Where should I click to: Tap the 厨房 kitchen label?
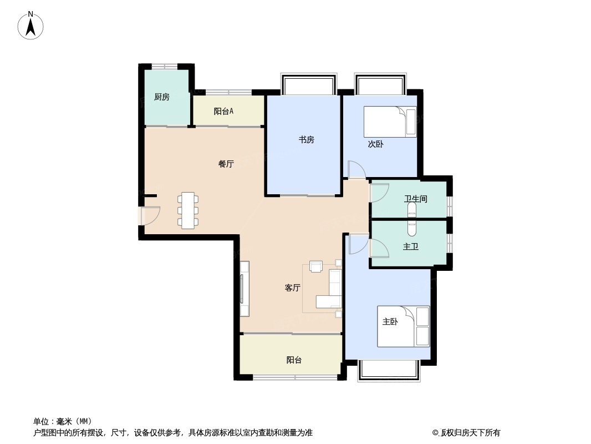pyautogui.click(x=162, y=97)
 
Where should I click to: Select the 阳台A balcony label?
pyautogui.click(x=223, y=112)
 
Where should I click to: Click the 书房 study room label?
pyautogui.click(x=307, y=139)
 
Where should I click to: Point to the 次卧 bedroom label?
pyautogui.click(x=376, y=144)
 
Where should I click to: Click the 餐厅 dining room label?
pyautogui.click(x=226, y=164)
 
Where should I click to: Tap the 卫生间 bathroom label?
pyautogui.click(x=416, y=199)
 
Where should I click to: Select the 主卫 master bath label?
pyautogui.click(x=411, y=247)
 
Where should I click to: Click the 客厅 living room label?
pyautogui.click(x=293, y=288)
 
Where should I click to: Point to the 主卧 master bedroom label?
pyautogui.click(x=390, y=322)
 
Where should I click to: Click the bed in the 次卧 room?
pyautogui.click(x=390, y=122)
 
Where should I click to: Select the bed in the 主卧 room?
pyautogui.click(x=404, y=326)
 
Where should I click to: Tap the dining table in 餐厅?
pyautogui.click(x=188, y=210)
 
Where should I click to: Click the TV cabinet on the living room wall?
pyautogui.click(x=244, y=289)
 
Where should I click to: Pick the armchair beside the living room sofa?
pyautogui.click(x=316, y=266)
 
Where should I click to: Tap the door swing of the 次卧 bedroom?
pyautogui.click(x=356, y=169)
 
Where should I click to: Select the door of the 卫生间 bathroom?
pyautogui.click(x=380, y=193)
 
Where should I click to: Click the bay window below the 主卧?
pyautogui.click(x=389, y=370)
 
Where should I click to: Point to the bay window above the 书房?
pyautogui.click(x=308, y=84)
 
